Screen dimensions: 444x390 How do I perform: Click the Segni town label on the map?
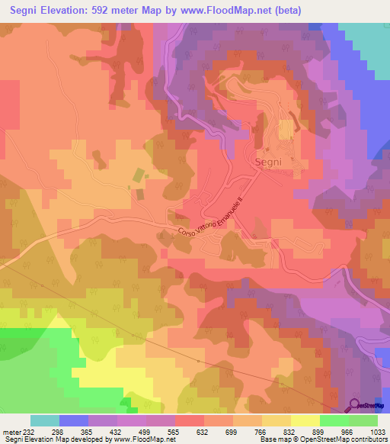[268, 162]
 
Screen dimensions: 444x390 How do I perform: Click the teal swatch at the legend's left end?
[44, 420]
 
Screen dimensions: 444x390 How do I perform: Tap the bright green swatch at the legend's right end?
[363, 420]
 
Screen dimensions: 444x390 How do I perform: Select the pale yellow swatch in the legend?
[305, 420]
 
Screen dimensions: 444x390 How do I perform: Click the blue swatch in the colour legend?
[73, 420]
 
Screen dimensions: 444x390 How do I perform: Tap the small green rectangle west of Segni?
[138, 175]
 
